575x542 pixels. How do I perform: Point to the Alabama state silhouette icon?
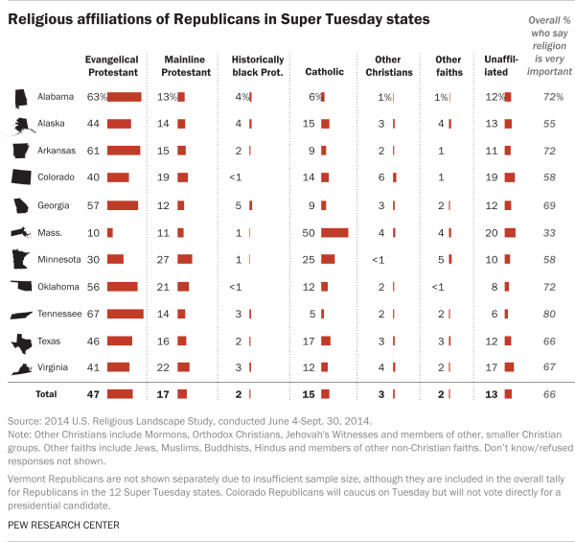[x=20, y=98]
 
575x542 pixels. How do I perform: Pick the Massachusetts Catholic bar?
[x=335, y=232]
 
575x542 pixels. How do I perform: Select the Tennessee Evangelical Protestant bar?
[x=125, y=314]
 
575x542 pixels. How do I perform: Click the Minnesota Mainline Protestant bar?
[x=185, y=259]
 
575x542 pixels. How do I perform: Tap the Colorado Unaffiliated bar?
[x=509, y=178]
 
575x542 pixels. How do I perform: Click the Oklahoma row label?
[x=57, y=287]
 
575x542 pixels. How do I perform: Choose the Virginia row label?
[x=56, y=367]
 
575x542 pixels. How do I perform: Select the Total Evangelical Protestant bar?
[x=120, y=393]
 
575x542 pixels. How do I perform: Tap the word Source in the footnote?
[x=24, y=421]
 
